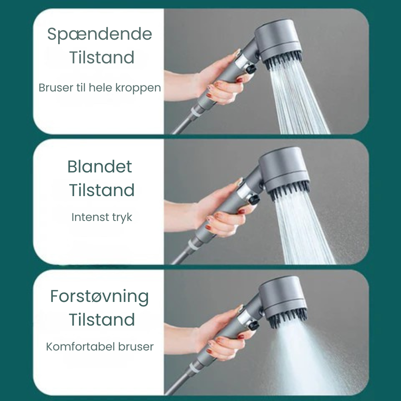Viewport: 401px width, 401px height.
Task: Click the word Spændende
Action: pyautogui.click(x=99, y=34)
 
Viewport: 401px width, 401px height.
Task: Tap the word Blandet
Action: pyautogui.click(x=100, y=166)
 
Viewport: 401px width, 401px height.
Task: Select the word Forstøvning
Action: pyautogui.click(x=99, y=297)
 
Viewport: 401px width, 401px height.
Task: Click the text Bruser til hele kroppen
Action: pyautogui.click(x=99, y=88)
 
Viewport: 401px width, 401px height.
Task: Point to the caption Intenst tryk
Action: pyautogui.click(x=101, y=217)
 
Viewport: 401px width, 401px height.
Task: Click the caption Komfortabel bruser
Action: pyautogui.click(x=100, y=346)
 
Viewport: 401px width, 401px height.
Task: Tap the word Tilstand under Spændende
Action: pyautogui.click(x=101, y=58)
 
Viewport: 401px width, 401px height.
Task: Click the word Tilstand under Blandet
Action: pyautogui.click(x=101, y=190)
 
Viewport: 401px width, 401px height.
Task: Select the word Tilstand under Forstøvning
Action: pyautogui.click(x=101, y=320)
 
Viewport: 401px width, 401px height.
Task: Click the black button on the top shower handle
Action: pyautogui.click(x=251, y=69)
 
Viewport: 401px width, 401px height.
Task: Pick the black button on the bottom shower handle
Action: pyautogui.click(x=253, y=326)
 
